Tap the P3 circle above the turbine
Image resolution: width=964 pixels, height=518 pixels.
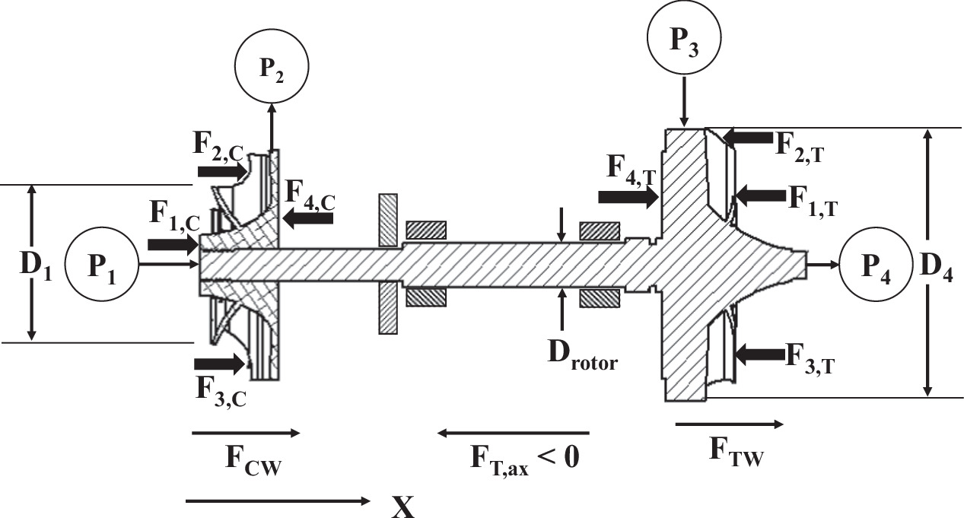coord(685,41)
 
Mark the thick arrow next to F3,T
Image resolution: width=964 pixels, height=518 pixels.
coord(759,353)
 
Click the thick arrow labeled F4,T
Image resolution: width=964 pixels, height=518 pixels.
coord(628,197)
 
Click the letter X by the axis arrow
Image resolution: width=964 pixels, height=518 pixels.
coord(402,504)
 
